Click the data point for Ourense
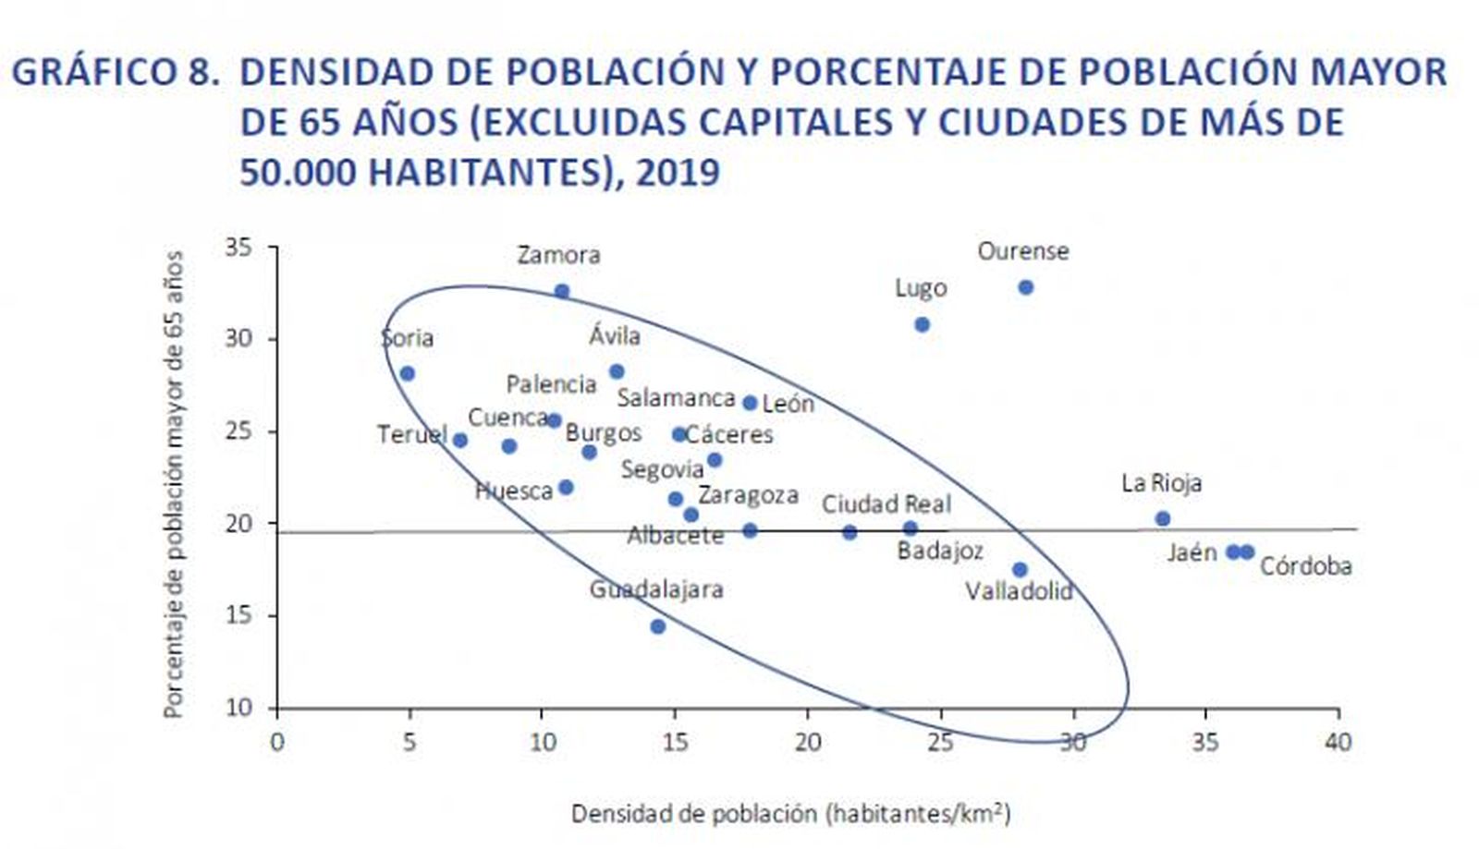(1025, 287)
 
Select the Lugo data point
(922, 324)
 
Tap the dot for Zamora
(562, 291)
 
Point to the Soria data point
(407, 373)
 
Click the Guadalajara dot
(658, 626)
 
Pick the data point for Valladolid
(1020, 570)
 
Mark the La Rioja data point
(1163, 518)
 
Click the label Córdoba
(1305, 565)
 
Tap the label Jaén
(1192, 552)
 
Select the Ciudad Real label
(886, 503)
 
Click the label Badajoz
(939, 551)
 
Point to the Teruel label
(412, 434)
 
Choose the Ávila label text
(615, 336)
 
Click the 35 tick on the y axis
(238, 248)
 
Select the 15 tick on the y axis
(238, 615)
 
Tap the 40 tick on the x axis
(1338, 742)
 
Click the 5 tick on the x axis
(409, 742)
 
